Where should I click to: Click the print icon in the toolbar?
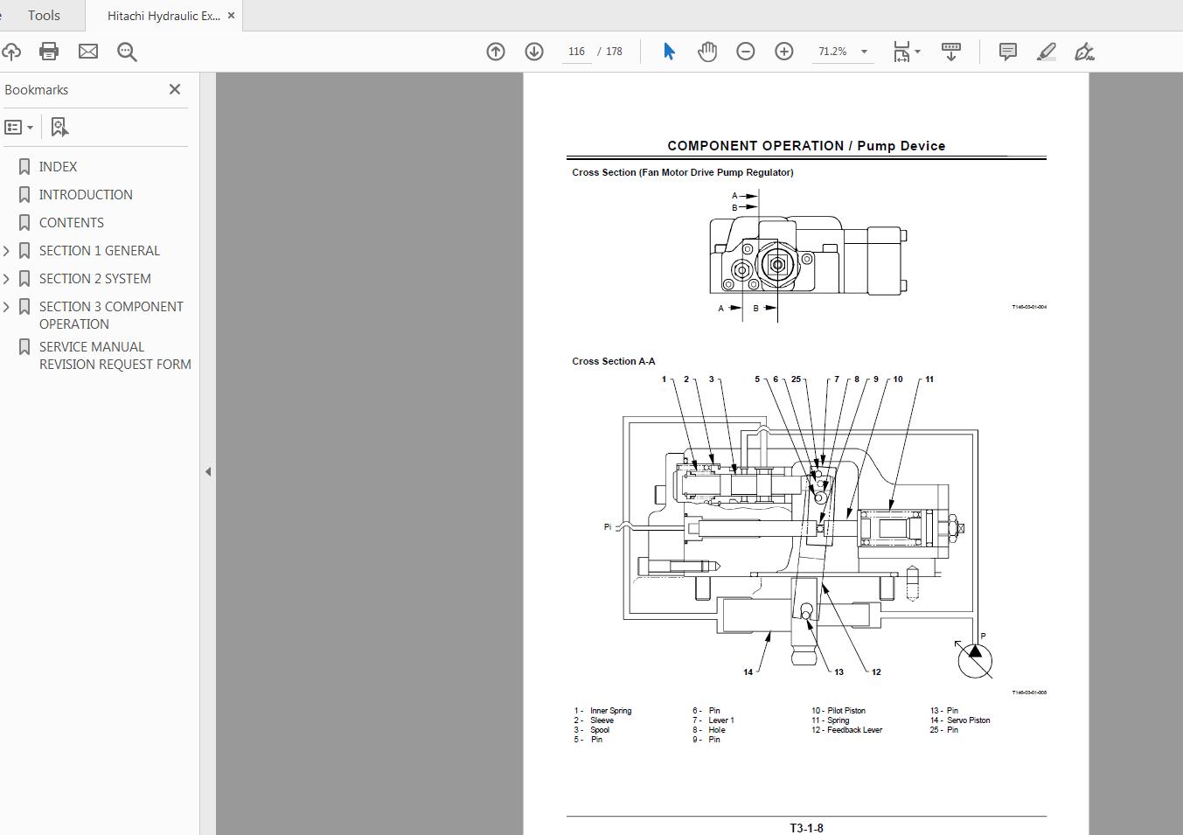[49, 52]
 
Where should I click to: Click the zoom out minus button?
[746, 52]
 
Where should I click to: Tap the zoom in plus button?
[784, 52]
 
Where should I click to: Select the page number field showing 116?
[576, 52]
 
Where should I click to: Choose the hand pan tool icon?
[707, 52]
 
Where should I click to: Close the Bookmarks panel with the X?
[175, 89]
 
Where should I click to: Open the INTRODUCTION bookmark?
[86, 194]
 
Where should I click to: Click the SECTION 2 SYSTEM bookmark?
[94, 278]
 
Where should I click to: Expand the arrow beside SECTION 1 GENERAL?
[7, 251]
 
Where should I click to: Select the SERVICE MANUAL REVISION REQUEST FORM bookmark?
[115, 355]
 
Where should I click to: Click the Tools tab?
[44, 15]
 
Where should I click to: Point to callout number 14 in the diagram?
[748, 671]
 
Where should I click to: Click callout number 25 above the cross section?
[796, 379]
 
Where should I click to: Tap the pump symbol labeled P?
[975, 659]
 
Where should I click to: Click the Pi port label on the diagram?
[608, 526]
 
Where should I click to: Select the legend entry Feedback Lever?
[854, 730]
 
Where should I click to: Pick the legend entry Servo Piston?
[968, 720]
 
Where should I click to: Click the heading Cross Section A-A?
[613, 361]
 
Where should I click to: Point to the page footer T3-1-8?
[806, 827]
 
